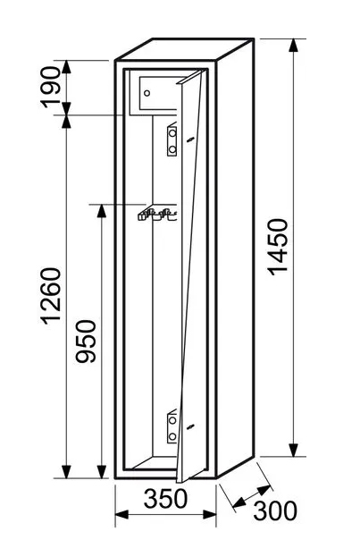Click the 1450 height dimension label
pyautogui.click(x=278, y=247)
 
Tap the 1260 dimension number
pyautogui.click(x=51, y=296)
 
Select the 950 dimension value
pyautogui.click(x=86, y=342)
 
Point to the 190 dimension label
pyautogui.click(x=50, y=87)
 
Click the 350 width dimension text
pyautogui.click(x=166, y=499)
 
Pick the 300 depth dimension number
pyautogui.click(x=275, y=510)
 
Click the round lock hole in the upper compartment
pyautogui.click(x=147, y=93)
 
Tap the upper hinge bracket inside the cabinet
pyautogui.click(x=172, y=139)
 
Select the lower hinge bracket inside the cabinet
pyautogui.click(x=172, y=427)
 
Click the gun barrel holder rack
pyautogui.click(x=157, y=214)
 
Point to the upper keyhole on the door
pyautogui.click(x=190, y=139)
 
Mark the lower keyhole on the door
pyautogui.click(x=190, y=426)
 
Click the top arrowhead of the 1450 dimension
pyautogui.click(x=293, y=46)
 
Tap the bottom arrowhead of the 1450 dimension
pyautogui.click(x=293, y=450)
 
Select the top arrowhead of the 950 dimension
pyautogui.click(x=102, y=211)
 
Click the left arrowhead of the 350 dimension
pyautogui.click(x=121, y=515)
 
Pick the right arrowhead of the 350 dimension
pyautogui.click(x=209, y=515)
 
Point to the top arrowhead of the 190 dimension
pyautogui.click(x=66, y=67)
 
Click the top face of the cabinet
pyautogui.click(x=185, y=49)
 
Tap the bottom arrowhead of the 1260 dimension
pyautogui.click(x=66, y=471)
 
